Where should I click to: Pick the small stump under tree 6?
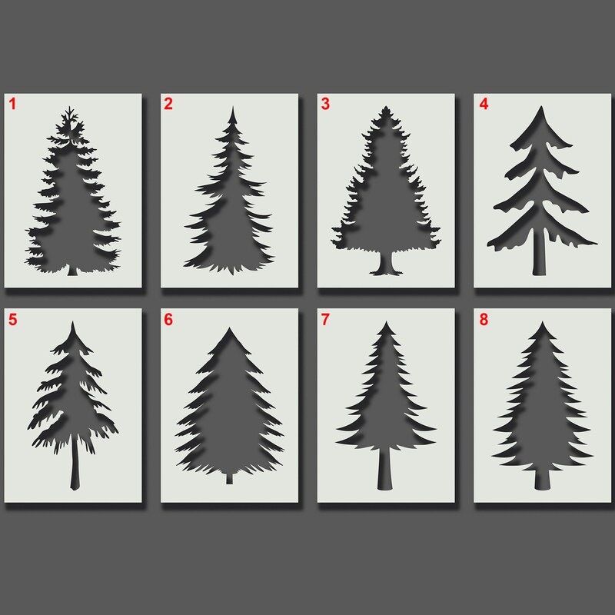point(228,479)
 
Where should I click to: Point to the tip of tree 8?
point(544,325)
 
